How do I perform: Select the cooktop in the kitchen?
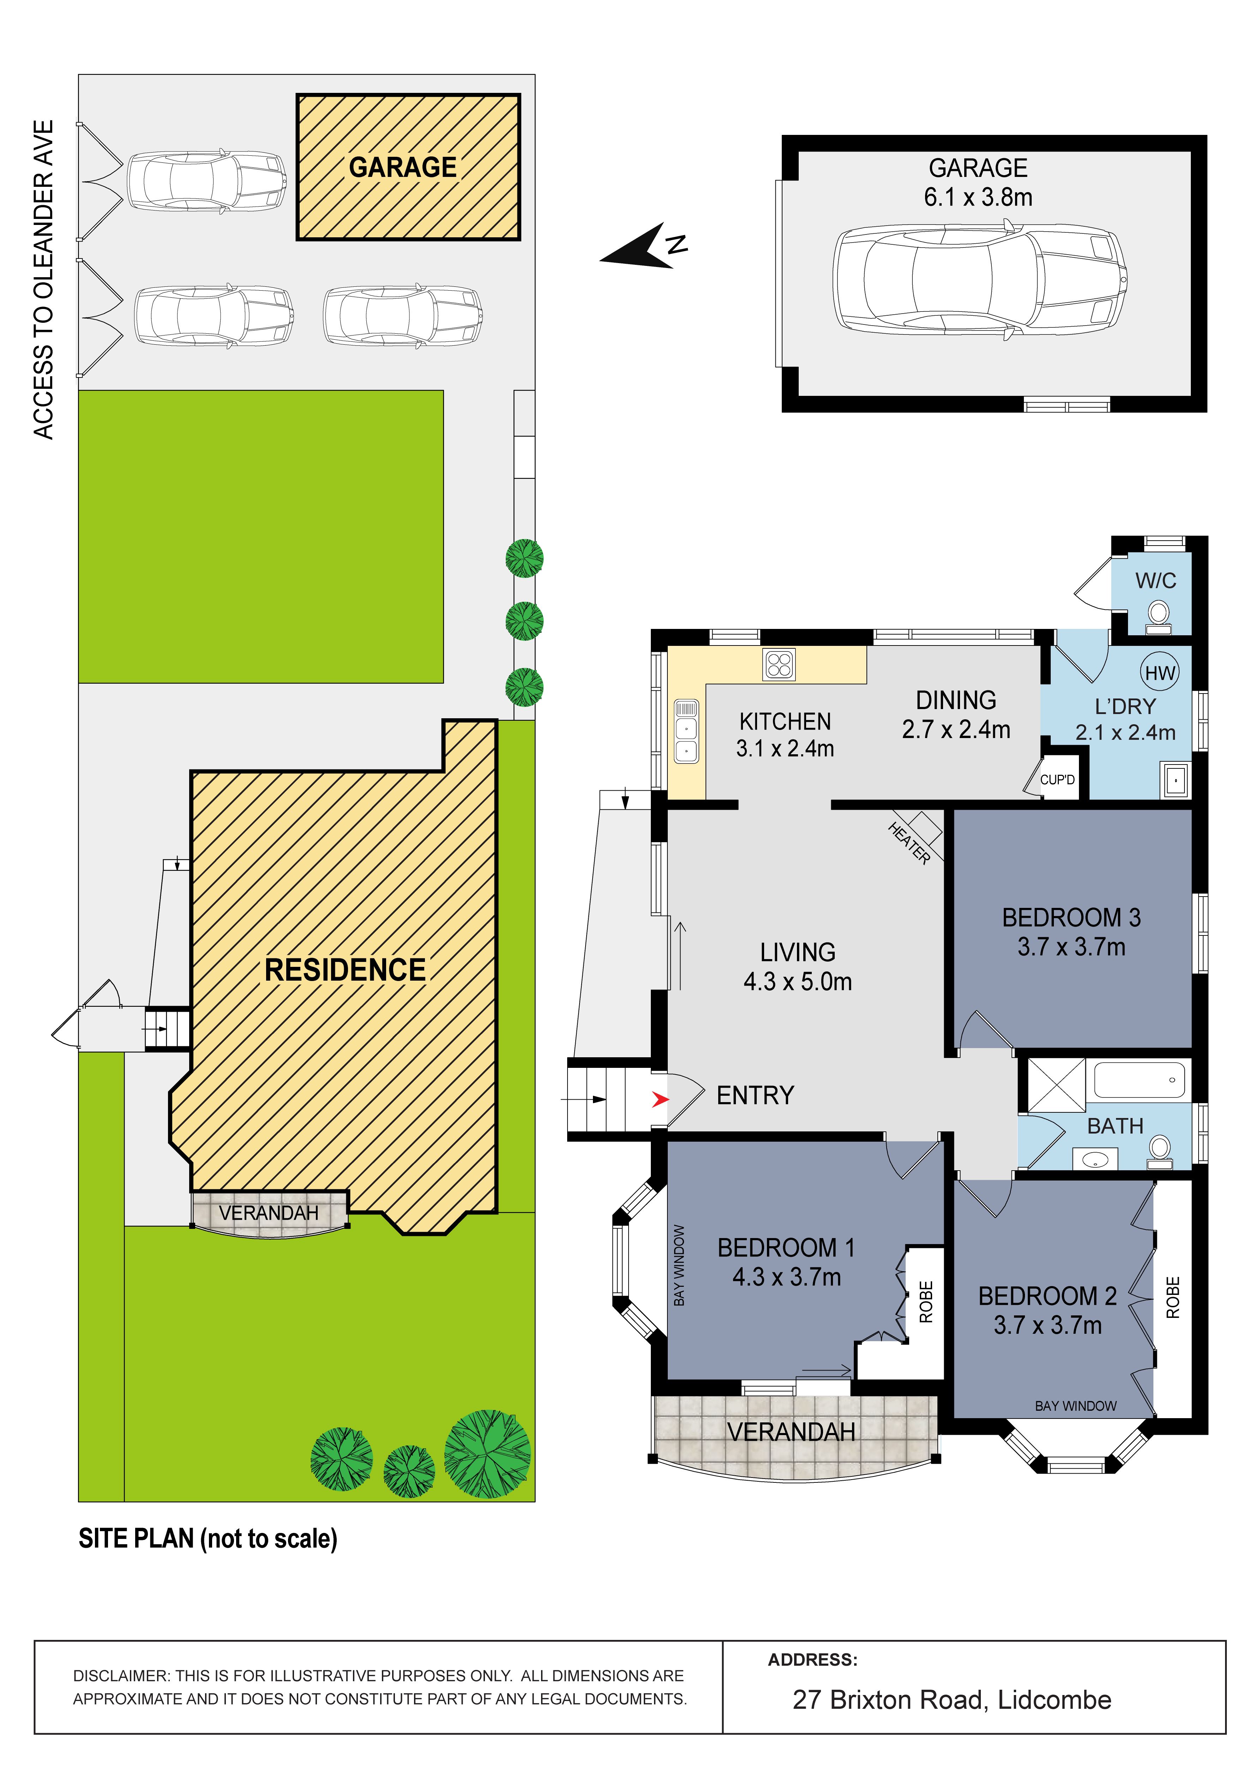(x=778, y=664)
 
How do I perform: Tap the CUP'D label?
(x=1057, y=779)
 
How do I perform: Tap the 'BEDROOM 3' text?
(x=1071, y=918)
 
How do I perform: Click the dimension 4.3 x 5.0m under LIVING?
(x=798, y=981)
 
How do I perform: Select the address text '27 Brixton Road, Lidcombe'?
(x=952, y=1700)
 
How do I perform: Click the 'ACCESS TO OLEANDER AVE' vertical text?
(x=43, y=280)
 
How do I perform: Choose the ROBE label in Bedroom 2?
(x=1173, y=1298)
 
